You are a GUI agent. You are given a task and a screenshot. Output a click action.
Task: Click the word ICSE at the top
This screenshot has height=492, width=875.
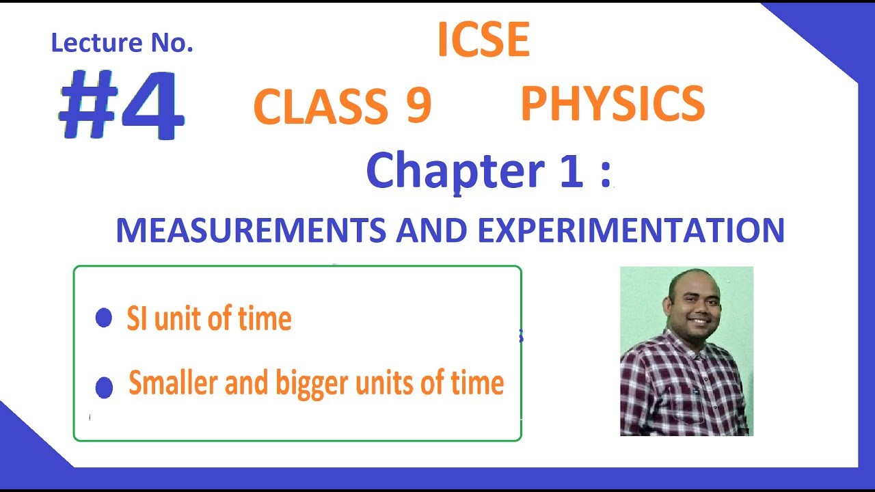483,40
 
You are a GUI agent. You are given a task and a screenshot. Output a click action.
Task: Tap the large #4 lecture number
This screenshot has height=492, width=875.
121,105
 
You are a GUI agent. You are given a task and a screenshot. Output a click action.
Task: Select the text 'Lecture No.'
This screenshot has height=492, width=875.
122,44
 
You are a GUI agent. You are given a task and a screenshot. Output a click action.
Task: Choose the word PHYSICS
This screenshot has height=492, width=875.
612,104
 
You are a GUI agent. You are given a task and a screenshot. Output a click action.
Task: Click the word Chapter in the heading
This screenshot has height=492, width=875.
455,171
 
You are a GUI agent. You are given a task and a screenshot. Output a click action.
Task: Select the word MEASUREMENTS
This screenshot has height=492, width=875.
251,231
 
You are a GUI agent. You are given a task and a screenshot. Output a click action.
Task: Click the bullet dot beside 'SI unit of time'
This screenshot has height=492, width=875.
104,318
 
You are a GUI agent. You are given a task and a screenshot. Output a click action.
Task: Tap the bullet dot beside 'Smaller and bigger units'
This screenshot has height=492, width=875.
104,387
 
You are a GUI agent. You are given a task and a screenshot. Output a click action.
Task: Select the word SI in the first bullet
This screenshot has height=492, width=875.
137,319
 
